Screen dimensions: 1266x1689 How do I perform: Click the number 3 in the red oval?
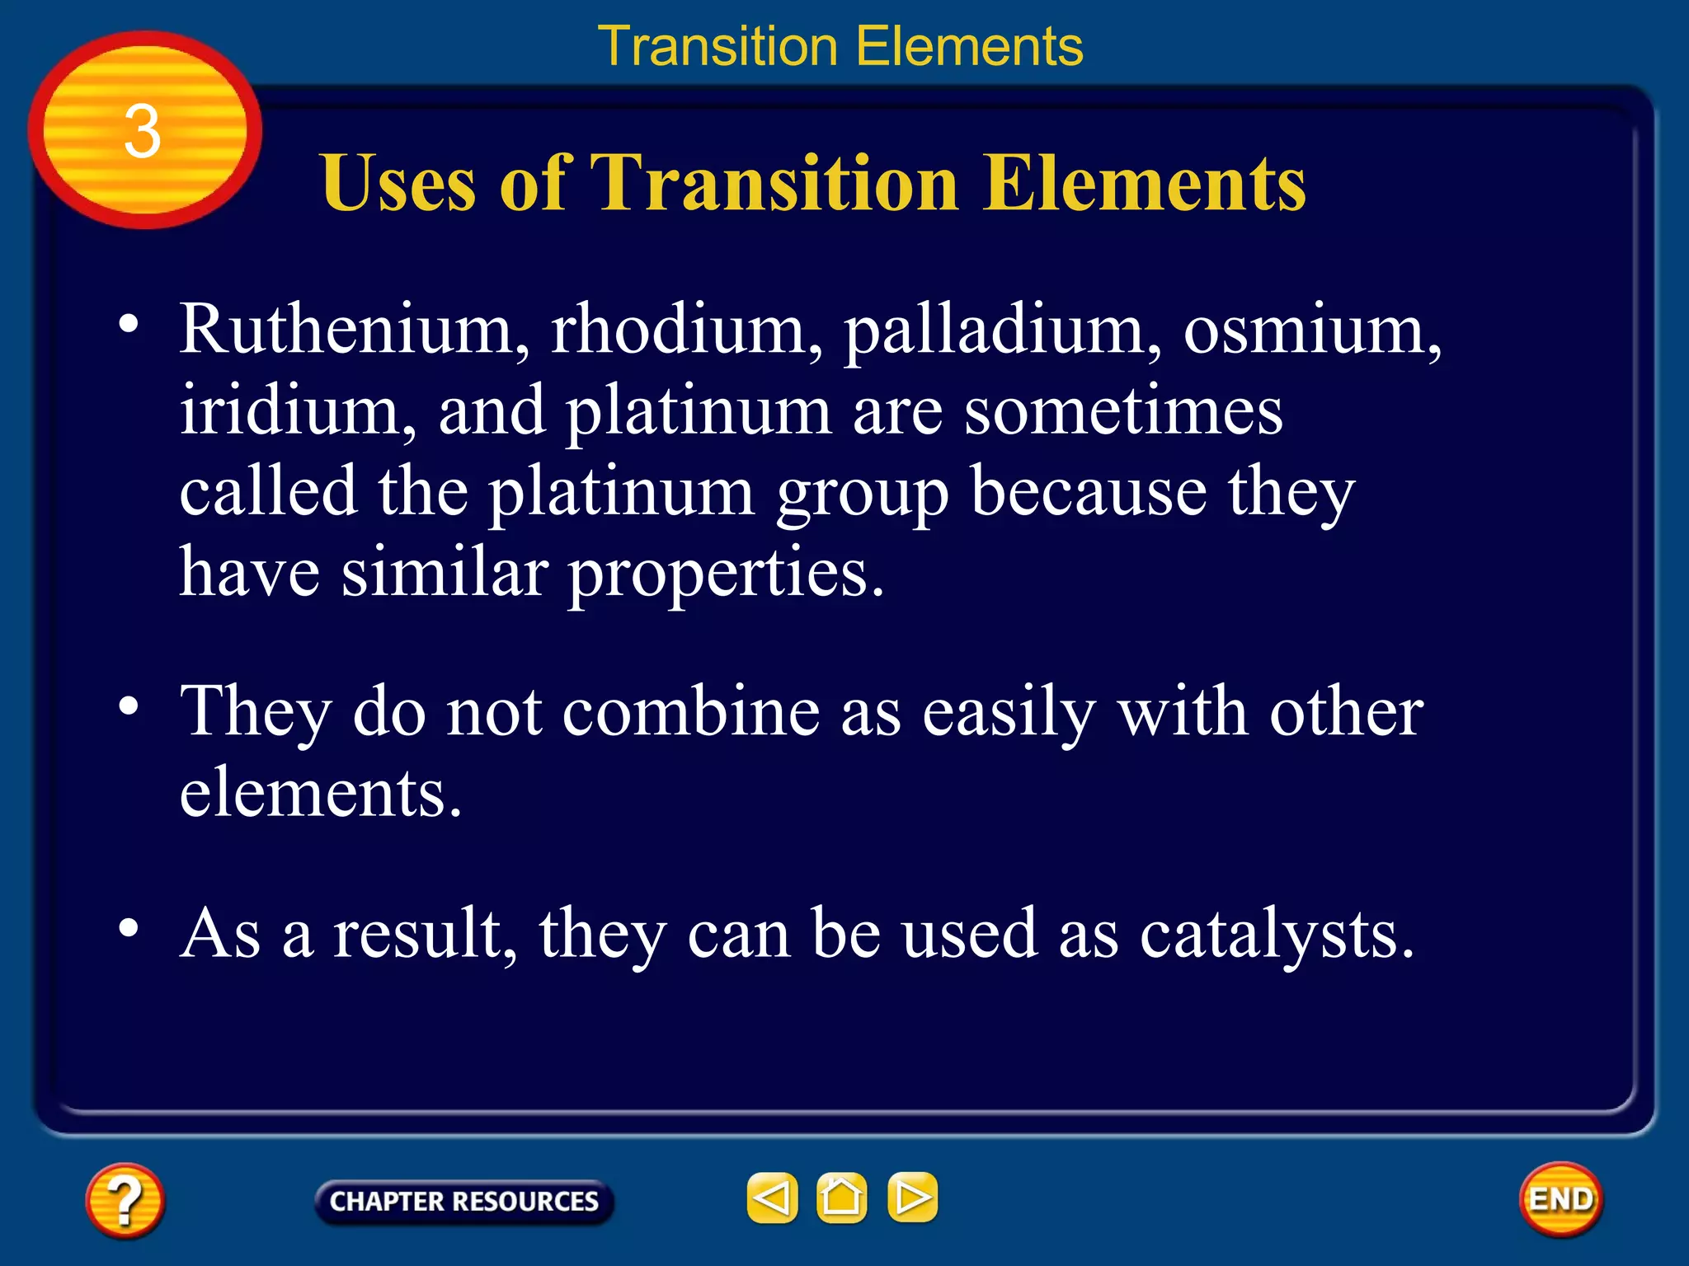pyautogui.click(x=142, y=132)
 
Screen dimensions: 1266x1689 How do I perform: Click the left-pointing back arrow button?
pyautogui.click(x=772, y=1198)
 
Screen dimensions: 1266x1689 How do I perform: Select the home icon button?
pyautogui.click(x=841, y=1198)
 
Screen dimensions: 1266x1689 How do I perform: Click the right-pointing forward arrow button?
pyautogui.click(x=912, y=1198)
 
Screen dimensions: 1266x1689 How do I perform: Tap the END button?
pyautogui.click(x=1561, y=1199)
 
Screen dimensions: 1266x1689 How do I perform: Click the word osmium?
pyautogui.click(x=1311, y=330)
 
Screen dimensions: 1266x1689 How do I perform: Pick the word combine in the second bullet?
pyautogui.click(x=691, y=711)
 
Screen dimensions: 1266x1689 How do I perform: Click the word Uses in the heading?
pyautogui.click(x=399, y=182)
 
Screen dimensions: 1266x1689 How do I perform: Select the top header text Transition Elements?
pyautogui.click(x=840, y=46)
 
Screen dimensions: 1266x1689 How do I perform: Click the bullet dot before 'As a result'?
pyautogui.click(x=128, y=927)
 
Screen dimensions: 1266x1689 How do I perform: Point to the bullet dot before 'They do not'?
pyautogui.click(x=128, y=706)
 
